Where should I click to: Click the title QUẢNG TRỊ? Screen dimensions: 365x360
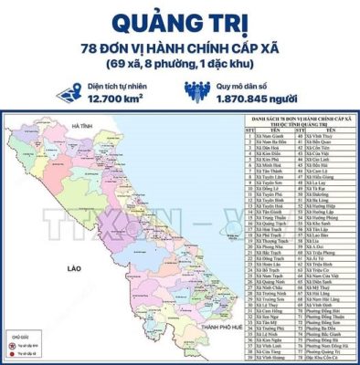180,20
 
